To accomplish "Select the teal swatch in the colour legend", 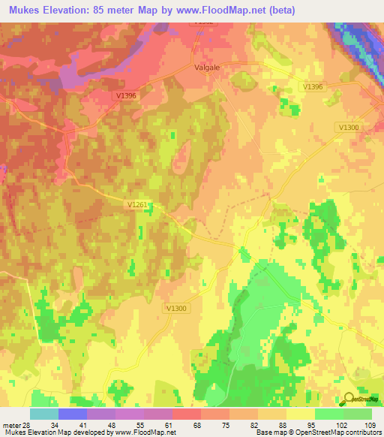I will [x=43, y=414].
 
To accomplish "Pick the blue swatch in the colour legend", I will [x=72, y=414].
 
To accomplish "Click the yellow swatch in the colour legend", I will [x=300, y=414].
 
